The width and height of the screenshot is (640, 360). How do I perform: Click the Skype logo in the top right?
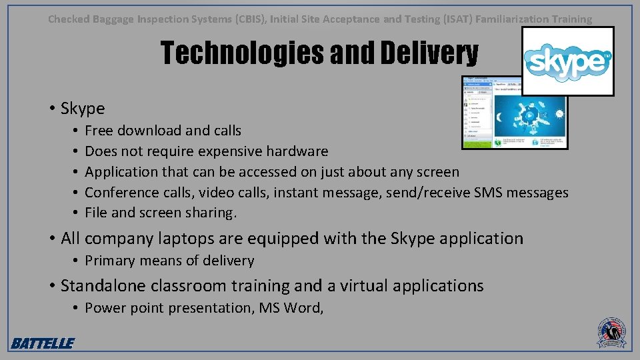click(x=567, y=61)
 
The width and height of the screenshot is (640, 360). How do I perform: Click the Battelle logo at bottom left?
click(x=42, y=343)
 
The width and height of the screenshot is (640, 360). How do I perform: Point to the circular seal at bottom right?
click(x=612, y=331)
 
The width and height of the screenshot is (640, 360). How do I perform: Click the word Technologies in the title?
click(x=243, y=53)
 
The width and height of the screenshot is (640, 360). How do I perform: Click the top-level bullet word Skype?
click(x=83, y=108)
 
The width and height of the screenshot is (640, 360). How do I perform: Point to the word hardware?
click(x=297, y=151)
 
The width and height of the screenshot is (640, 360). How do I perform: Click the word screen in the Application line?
click(x=437, y=172)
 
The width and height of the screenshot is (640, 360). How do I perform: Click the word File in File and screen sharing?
click(x=97, y=213)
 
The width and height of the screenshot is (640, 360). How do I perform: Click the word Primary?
click(x=112, y=261)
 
